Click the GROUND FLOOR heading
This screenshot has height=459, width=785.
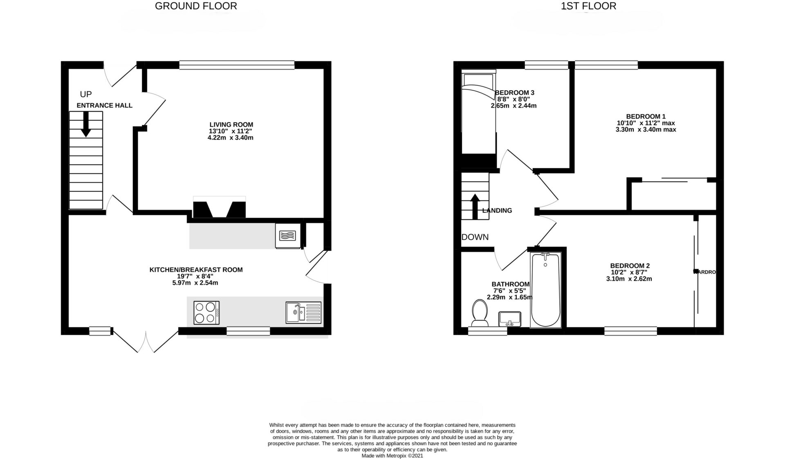pyautogui.click(x=196, y=6)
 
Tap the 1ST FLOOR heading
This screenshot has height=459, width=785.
pyautogui.click(x=589, y=6)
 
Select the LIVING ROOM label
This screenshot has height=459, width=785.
pyautogui.click(x=231, y=124)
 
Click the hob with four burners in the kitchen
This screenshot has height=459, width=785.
pyautogui.click(x=206, y=313)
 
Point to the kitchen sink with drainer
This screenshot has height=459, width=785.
pyautogui.click(x=304, y=312)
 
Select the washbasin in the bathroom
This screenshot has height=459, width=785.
pyautogui.click(x=509, y=318)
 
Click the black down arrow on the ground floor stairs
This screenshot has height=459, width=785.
pyautogui.click(x=86, y=124)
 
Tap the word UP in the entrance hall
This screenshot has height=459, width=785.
pyautogui.click(x=86, y=95)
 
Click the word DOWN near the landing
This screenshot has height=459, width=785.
pyautogui.click(x=475, y=237)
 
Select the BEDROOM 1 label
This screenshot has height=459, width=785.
pyautogui.click(x=646, y=116)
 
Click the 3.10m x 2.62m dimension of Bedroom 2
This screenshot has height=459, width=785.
pyautogui.click(x=629, y=279)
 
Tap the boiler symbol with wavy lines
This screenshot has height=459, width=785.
pyautogui.click(x=288, y=235)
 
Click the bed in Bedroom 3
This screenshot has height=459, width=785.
pyautogui.click(x=478, y=113)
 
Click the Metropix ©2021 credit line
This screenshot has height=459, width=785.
pyautogui.click(x=392, y=455)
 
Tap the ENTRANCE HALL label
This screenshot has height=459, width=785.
pyautogui.click(x=105, y=106)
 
